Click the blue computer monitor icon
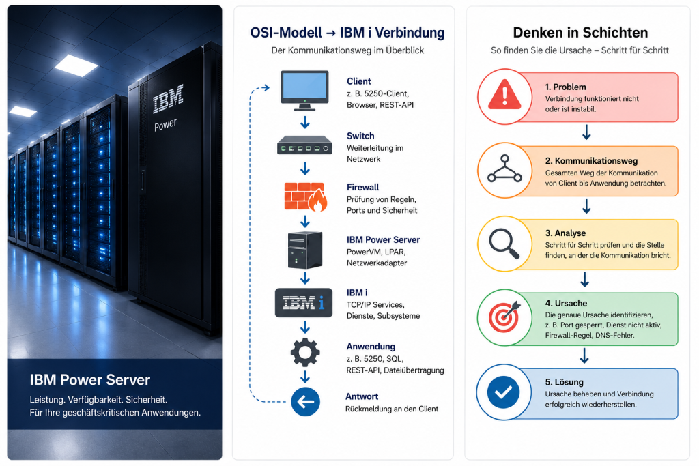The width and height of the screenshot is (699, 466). pyautogui.click(x=305, y=90)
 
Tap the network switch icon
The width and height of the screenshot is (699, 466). pyautogui.click(x=305, y=145)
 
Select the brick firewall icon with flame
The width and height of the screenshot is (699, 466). pyautogui.click(x=306, y=196)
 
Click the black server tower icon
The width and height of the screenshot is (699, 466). pyautogui.click(x=305, y=250)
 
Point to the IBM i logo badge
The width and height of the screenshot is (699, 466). pyautogui.click(x=304, y=303)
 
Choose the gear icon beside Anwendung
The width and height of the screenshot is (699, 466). pyautogui.click(x=305, y=352)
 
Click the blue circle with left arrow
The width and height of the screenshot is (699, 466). pyautogui.click(x=305, y=402)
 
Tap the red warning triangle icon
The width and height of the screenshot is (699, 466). pyautogui.click(x=504, y=95)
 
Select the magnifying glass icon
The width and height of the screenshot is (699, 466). pyautogui.click(x=504, y=244)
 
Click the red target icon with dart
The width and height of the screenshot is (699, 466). pyautogui.click(x=504, y=317)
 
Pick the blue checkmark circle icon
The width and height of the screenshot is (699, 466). pyautogui.click(x=503, y=392)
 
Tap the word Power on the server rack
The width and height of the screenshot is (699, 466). pyautogui.click(x=165, y=124)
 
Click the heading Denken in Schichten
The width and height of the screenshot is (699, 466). pyautogui.click(x=580, y=33)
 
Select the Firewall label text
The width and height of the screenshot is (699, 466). pyautogui.click(x=363, y=187)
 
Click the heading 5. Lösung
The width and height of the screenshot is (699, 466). pyautogui.click(x=564, y=382)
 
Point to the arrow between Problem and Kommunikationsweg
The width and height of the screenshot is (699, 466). pyautogui.click(x=586, y=132)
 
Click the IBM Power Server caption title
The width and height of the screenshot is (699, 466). pyautogui.click(x=89, y=380)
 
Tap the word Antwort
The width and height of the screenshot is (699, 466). pyautogui.click(x=362, y=396)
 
